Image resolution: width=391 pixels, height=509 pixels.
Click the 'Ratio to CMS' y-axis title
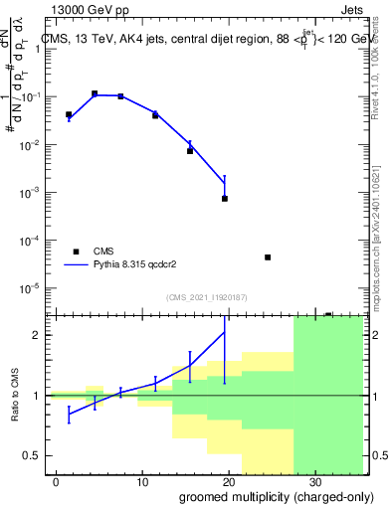[14, 396]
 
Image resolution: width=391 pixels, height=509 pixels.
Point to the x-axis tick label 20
[230, 480]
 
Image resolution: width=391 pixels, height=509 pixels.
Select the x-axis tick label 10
[143, 480]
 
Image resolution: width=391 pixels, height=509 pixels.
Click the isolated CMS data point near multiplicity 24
[268, 257]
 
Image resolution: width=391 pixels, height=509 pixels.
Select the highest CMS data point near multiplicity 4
[95, 93]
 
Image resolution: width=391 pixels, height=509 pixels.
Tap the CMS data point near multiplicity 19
[225, 199]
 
